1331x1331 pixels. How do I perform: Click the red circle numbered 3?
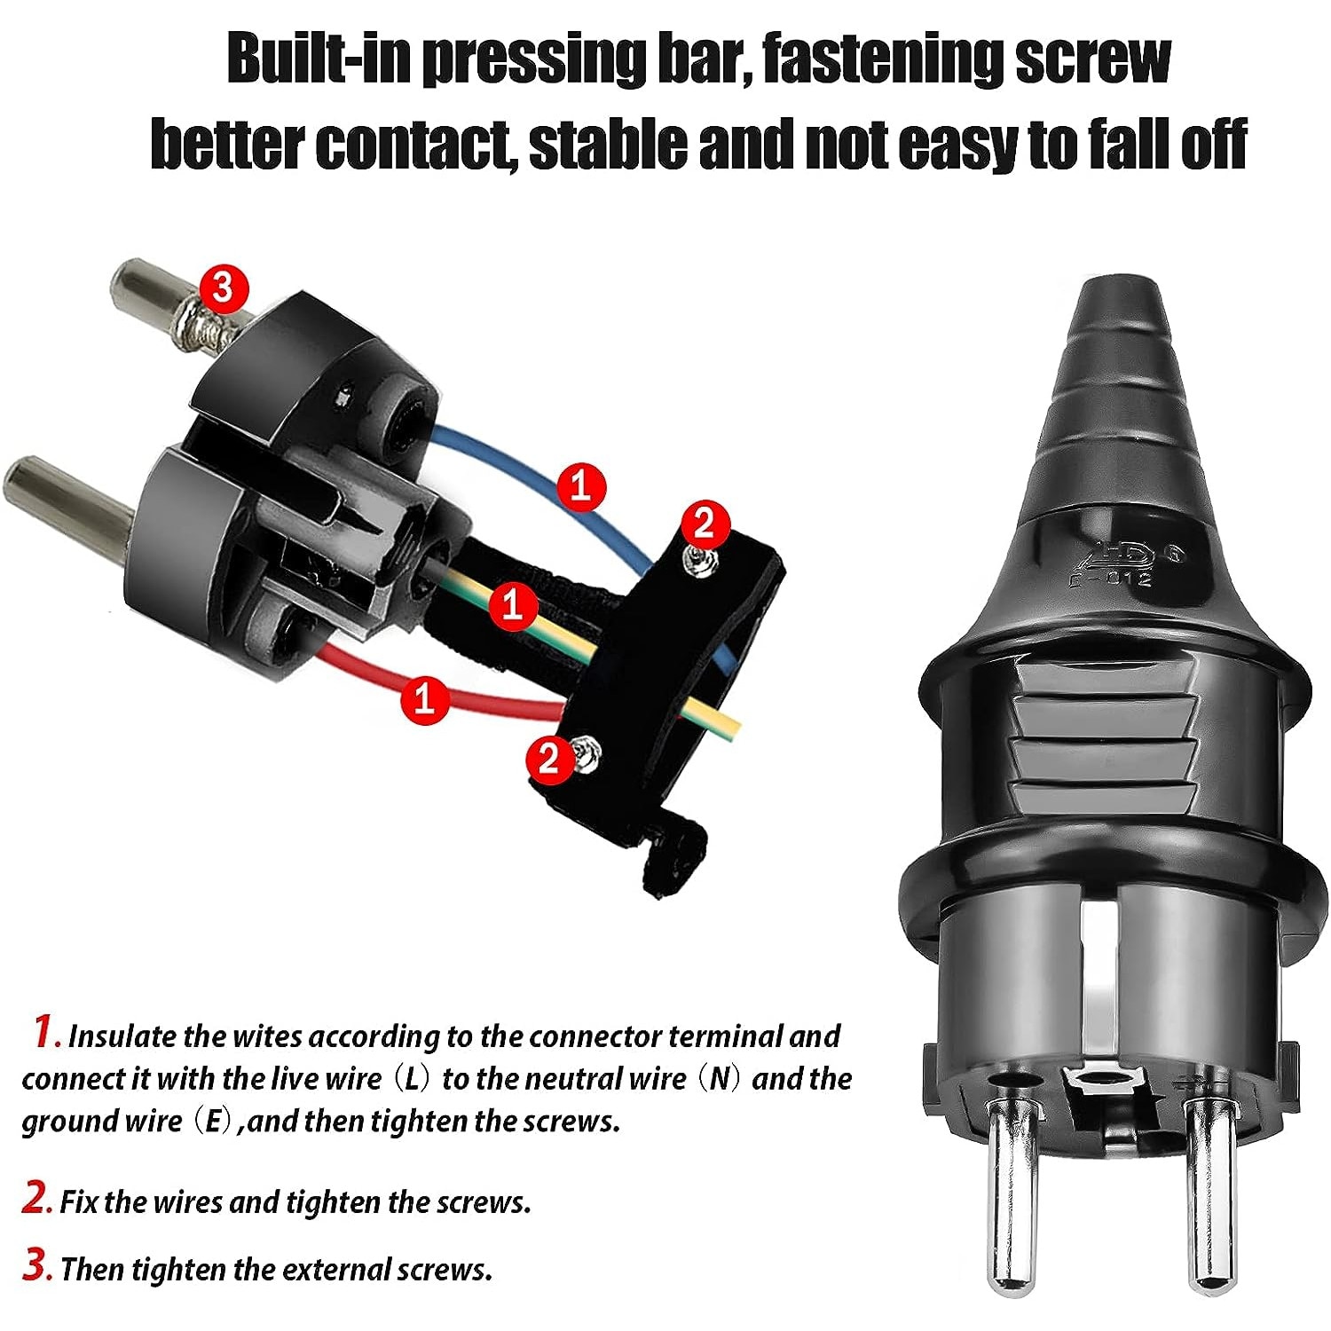pyautogui.click(x=224, y=287)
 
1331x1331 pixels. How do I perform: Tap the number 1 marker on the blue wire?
pyautogui.click(x=581, y=486)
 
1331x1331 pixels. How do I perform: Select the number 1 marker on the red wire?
pyautogui.click(x=425, y=698)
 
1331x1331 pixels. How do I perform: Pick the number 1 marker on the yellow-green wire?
pyautogui.click(x=512, y=605)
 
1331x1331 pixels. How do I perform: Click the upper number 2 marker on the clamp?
pyautogui.click(x=704, y=524)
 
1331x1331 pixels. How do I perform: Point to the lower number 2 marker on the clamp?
pyautogui.click(x=550, y=759)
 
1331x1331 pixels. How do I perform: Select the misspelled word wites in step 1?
pyautogui.click(x=267, y=1036)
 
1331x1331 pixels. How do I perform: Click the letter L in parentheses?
pyautogui.click(x=411, y=1079)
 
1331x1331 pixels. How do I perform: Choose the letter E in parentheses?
pyautogui.click(x=212, y=1122)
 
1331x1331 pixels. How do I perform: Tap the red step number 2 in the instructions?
pyautogui.click(x=36, y=1199)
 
